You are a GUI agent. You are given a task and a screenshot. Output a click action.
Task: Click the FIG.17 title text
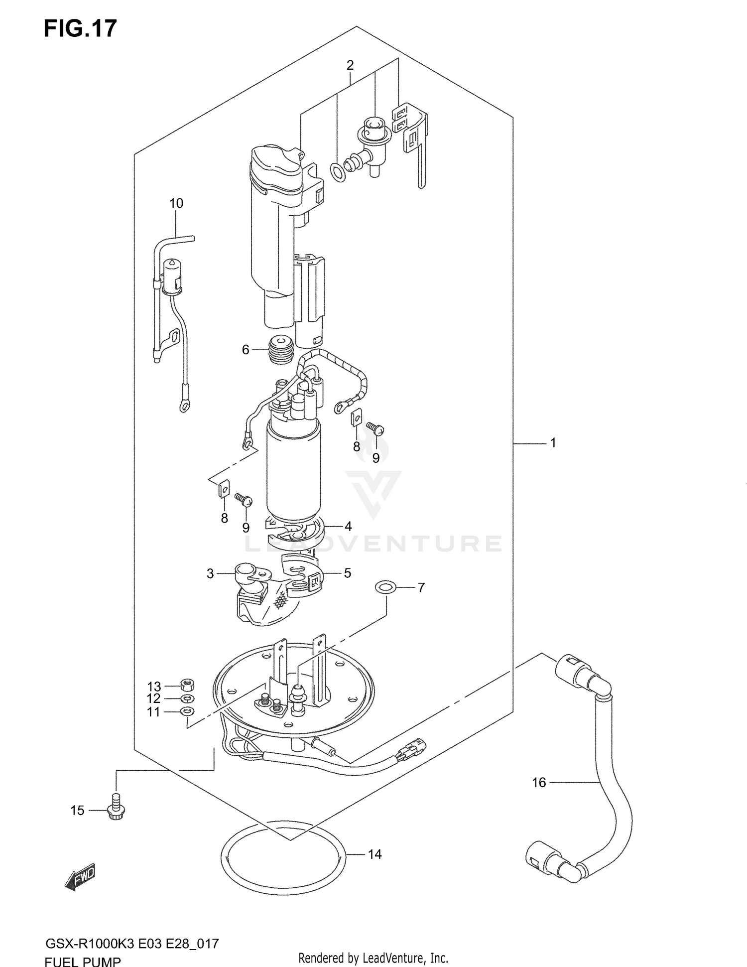tap(80, 28)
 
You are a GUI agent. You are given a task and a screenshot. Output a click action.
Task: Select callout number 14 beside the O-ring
tap(374, 854)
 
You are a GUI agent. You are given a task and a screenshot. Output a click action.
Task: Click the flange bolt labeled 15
tap(116, 810)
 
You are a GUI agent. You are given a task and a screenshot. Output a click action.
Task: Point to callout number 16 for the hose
tap(539, 783)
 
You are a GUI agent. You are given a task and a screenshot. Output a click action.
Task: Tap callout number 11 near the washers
tap(154, 712)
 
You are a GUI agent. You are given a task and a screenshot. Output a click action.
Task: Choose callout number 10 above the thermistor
tap(176, 203)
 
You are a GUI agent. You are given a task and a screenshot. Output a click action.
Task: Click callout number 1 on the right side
tap(553, 442)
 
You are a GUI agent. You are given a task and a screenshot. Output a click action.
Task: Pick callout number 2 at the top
tap(350, 65)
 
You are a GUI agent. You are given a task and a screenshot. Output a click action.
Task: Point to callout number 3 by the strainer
tap(210, 574)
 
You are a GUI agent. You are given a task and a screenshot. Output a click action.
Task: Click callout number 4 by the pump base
tap(348, 526)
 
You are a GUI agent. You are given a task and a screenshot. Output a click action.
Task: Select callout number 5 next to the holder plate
tap(347, 573)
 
